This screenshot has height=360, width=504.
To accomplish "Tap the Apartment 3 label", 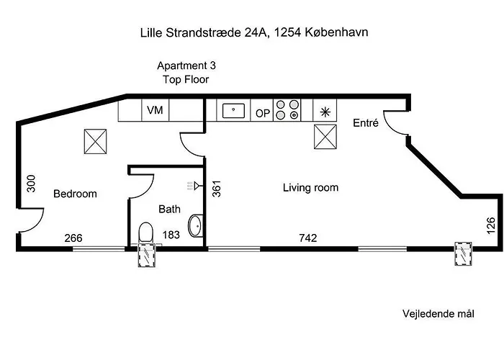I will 186,65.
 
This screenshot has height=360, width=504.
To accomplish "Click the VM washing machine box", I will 154,110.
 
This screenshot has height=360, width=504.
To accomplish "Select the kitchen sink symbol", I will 233,111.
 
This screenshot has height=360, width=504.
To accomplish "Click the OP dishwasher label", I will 263,112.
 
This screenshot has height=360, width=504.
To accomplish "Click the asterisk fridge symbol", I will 325,111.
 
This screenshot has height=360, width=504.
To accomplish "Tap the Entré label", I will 365,123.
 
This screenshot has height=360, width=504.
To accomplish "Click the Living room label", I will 310,188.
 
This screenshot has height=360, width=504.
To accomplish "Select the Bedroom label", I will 75,194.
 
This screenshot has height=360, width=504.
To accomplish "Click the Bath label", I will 169,210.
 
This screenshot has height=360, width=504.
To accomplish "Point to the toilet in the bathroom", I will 145,233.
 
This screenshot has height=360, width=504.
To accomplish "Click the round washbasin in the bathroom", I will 195,226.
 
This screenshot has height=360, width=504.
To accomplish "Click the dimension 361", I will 216,189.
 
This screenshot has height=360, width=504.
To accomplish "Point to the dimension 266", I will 73,238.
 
